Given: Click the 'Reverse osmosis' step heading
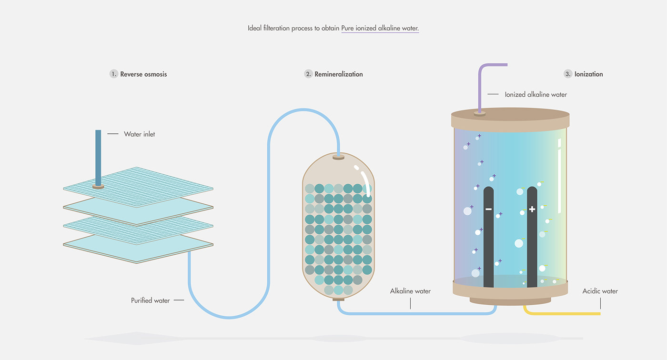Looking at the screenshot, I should click(x=143, y=74).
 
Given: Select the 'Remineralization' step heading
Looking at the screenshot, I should click(x=339, y=74).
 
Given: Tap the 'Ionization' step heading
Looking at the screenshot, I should click(x=588, y=74).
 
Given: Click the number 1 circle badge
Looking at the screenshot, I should click(x=113, y=74).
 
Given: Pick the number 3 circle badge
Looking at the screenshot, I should click(x=567, y=74).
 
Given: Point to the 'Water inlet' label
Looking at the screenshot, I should click(x=139, y=134).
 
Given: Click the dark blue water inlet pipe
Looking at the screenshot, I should click(x=98, y=157).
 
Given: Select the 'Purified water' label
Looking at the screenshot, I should click(x=150, y=300).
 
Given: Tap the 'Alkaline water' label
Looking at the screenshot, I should click(x=410, y=291).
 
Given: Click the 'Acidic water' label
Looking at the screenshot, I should click(x=600, y=291).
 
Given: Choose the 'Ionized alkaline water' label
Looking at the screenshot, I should click(x=536, y=95).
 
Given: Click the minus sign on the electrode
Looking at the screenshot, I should click(x=488, y=209).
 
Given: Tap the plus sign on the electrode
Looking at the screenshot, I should click(x=532, y=209).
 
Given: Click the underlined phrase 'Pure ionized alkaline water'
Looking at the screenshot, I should click(x=380, y=28).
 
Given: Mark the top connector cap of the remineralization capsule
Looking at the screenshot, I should click(x=338, y=157).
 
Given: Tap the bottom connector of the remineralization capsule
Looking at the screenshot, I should click(x=338, y=299).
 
